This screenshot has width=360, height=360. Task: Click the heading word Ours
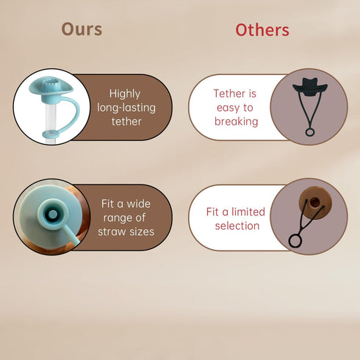(82, 29)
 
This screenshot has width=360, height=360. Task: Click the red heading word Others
(262, 30)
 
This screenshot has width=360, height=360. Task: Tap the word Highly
(125, 94)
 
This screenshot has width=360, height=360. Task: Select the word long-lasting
(126, 108)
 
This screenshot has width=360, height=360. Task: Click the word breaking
(237, 121)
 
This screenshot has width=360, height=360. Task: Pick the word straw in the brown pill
(112, 231)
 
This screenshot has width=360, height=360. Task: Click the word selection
(237, 226)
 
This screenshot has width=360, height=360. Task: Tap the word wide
(138, 204)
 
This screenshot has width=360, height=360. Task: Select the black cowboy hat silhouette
(310, 87)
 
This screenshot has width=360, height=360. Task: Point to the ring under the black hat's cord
(310, 132)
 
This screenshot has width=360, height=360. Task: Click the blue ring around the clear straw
(51, 134)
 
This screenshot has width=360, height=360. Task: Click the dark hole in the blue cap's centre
(52, 215)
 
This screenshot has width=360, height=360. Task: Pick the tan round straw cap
(315, 203)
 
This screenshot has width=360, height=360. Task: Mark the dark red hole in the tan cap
(315, 202)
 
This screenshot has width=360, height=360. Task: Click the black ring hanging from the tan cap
(295, 240)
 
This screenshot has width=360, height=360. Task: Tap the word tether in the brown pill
(126, 122)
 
